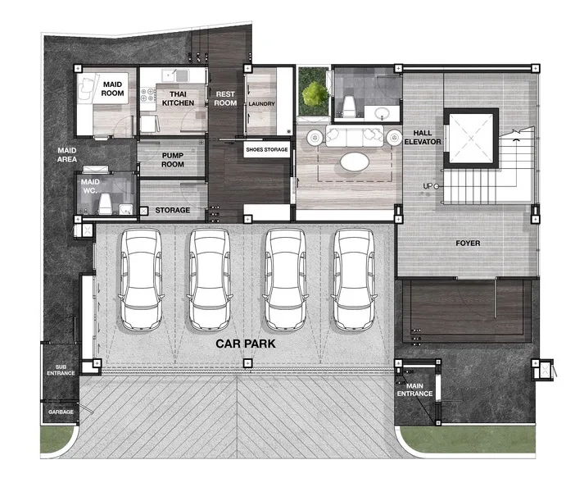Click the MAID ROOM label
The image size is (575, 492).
tap(112, 89)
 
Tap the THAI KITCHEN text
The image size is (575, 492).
tap(178, 98)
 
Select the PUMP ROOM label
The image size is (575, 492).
tap(173, 160)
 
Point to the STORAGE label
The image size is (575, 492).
tap(172, 210)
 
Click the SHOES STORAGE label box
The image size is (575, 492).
tap(266, 149)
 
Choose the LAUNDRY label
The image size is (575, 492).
tap(261, 104)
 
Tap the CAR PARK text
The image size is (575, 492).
tap(246, 344)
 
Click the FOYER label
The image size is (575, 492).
tap(468, 243)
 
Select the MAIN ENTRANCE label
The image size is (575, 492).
tap(414, 390)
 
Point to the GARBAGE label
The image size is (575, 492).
tap(61, 412)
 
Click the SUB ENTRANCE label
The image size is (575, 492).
tap(61, 370)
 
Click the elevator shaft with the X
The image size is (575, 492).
tap(471, 138)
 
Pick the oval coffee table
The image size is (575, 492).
tap(355, 162)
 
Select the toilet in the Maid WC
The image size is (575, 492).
tap(105, 203)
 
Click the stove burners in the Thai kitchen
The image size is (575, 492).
tap(148, 94)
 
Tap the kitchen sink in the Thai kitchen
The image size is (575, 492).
tap(175, 75)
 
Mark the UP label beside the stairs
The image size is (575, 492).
tap(428, 186)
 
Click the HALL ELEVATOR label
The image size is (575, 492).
tap(423, 137)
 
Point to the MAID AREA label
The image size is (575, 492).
tap(67, 155)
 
